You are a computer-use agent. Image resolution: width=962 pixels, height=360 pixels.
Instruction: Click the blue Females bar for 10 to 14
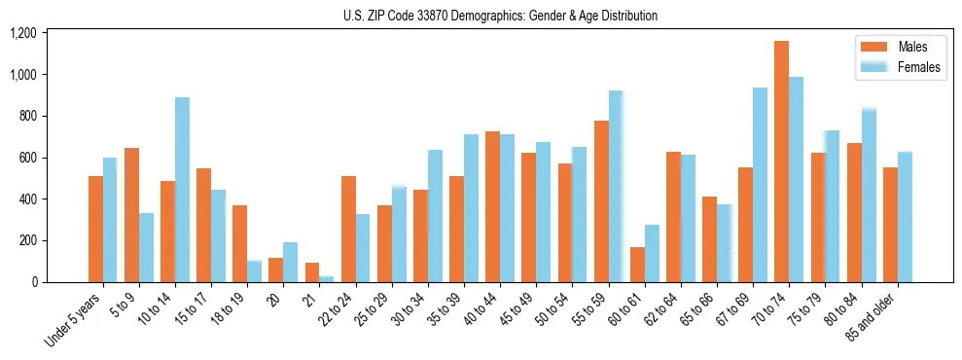click(x=182, y=190)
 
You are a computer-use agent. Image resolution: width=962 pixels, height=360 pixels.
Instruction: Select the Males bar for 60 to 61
click(x=637, y=265)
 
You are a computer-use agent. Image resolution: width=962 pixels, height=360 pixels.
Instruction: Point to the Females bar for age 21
click(x=326, y=279)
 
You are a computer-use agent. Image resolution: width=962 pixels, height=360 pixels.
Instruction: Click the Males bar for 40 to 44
click(x=492, y=207)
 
